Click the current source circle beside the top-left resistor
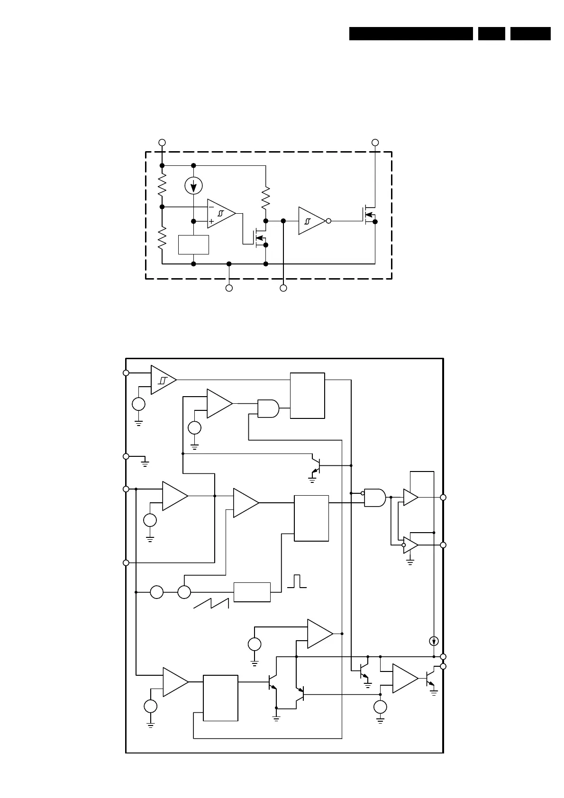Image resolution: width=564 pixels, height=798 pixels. tap(193, 186)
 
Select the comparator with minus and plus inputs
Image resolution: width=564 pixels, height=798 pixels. tap(221, 214)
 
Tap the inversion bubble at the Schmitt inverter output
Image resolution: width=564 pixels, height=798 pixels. tap(328, 221)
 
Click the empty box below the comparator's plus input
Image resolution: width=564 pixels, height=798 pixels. tap(193, 245)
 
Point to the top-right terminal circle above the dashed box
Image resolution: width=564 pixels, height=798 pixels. tap(375, 142)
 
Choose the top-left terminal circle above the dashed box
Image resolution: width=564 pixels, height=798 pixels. tap(162, 142)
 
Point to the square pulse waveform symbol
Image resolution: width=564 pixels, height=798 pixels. tap(297, 581)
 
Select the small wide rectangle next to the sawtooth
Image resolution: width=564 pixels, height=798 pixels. tap(252, 592)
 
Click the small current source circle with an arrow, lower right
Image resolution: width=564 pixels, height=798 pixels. tap(433, 642)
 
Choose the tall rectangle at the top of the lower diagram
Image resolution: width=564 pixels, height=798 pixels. tap(307, 396)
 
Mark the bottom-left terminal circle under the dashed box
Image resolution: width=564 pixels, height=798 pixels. tap(229, 288)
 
